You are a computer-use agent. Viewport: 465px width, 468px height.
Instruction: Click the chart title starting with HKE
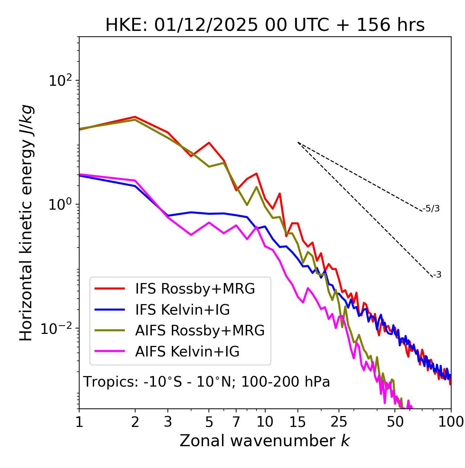pos(265,25)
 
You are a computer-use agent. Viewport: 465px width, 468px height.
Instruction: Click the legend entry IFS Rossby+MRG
pos(195,289)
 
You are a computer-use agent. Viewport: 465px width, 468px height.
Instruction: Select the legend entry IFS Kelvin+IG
pos(182,310)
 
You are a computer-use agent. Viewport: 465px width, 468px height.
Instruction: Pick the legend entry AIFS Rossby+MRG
pos(200,331)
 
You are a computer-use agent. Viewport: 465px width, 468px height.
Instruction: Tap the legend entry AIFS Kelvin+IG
pos(187,352)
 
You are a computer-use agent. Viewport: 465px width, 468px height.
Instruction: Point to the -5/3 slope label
pos(431,209)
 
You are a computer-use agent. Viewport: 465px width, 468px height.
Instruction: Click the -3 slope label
pos(437,275)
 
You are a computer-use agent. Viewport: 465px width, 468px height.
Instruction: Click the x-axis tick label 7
pos(236,422)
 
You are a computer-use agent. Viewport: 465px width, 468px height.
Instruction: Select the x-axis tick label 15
pos(298,422)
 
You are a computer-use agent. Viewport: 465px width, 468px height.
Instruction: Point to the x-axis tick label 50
pos(395,422)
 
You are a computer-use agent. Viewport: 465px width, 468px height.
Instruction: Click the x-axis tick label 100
pos(450,422)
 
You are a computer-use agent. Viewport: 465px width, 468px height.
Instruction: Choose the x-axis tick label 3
pos(168,422)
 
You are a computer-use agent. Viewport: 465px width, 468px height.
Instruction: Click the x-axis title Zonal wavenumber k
pos(264,441)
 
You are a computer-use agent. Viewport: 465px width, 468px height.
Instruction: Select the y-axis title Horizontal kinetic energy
pos(26,223)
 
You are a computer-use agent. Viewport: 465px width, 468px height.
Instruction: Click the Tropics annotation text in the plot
pos(206,382)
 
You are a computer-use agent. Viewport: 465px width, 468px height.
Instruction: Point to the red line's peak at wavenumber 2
pos(135,117)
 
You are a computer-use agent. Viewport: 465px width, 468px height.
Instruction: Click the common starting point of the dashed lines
pos(298,142)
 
